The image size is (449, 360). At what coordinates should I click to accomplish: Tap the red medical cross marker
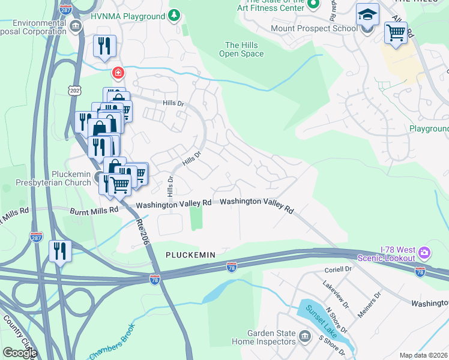(x=118, y=73)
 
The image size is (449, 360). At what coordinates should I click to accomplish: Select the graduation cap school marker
(x=367, y=14)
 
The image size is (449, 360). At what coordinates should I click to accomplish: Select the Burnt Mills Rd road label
(x=91, y=211)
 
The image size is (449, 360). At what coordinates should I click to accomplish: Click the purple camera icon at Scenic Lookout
(x=425, y=253)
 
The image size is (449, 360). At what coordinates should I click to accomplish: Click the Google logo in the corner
(x=19, y=352)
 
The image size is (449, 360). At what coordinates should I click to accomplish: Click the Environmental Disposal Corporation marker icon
(x=76, y=26)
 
